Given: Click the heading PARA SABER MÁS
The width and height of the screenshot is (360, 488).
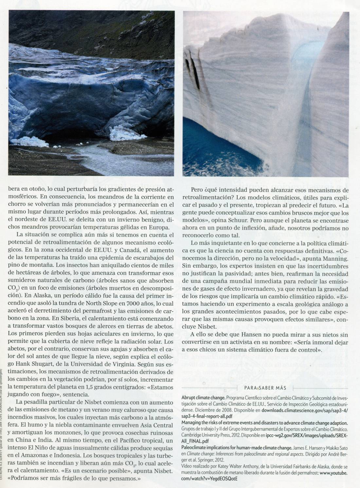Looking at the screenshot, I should (265, 388).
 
